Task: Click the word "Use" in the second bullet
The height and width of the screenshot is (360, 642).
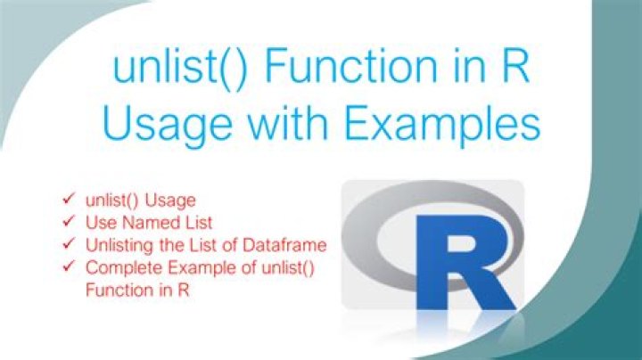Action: (x=100, y=222)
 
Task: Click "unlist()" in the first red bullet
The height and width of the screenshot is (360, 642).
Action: (x=109, y=200)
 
